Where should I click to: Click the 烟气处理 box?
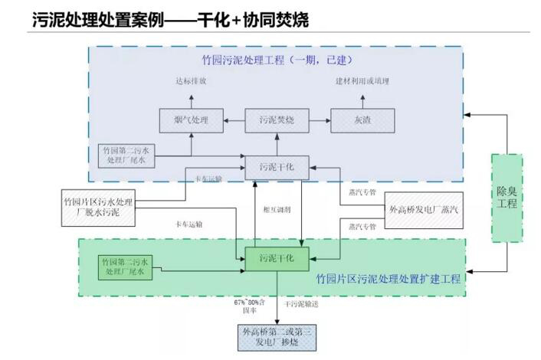(x=192, y=119)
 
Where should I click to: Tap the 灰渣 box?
(x=362, y=119)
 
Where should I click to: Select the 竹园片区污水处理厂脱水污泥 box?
(x=98, y=207)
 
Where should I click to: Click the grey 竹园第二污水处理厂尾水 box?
(x=129, y=155)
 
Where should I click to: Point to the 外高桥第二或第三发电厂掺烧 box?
(x=277, y=336)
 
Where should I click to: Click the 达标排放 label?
(x=192, y=81)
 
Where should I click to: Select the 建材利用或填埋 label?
(x=362, y=81)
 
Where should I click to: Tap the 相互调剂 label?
(x=276, y=208)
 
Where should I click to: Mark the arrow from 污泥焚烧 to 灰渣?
(x=318, y=119)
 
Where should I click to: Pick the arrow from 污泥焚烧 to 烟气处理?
(x=233, y=119)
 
